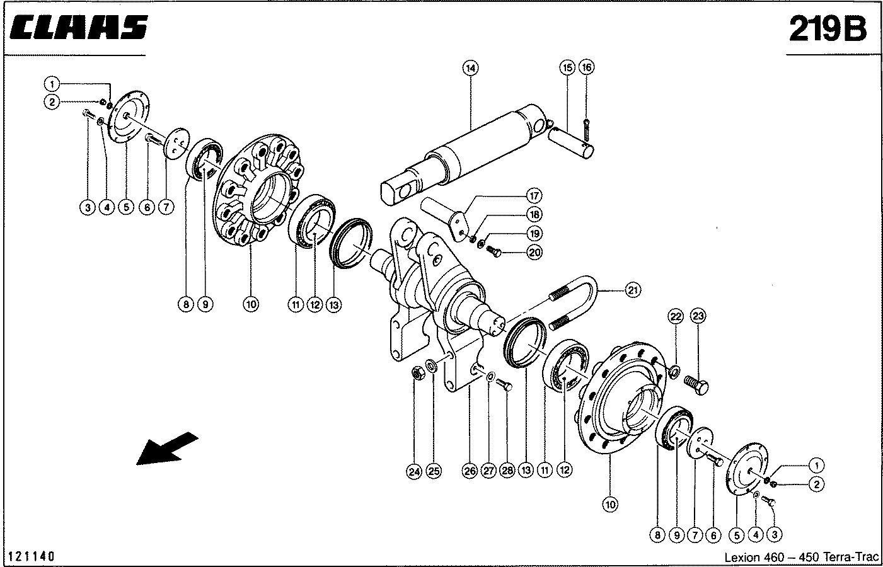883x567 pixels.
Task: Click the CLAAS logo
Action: coord(79,29)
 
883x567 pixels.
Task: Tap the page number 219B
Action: coord(828,29)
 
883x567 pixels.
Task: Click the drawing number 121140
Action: coord(32,556)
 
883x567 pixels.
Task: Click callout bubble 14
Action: coord(470,67)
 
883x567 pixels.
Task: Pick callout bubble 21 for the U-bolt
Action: coord(632,290)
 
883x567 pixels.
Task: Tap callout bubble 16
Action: coord(586,67)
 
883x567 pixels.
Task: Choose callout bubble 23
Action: coord(696,316)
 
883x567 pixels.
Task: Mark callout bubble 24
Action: coord(413,471)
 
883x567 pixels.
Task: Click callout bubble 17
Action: coord(534,195)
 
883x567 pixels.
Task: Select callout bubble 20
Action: coord(534,253)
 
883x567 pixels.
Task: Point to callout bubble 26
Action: coord(470,471)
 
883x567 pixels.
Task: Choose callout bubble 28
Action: coord(507,471)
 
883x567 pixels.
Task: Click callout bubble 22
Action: coord(676,316)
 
